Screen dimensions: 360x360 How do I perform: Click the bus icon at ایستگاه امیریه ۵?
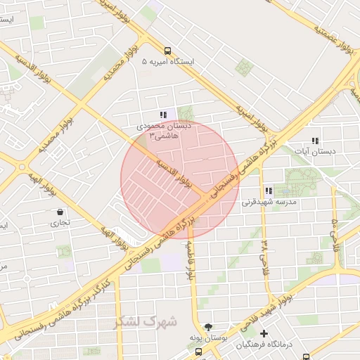[x=167, y=51]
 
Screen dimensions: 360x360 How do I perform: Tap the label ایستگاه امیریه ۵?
[x=168, y=62]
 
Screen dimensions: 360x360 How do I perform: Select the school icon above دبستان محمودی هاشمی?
[x=163, y=115]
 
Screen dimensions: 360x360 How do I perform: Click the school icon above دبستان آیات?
[x=314, y=140]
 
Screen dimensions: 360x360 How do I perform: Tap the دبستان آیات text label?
[x=314, y=151]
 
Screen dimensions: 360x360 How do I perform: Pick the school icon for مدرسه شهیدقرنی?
[x=269, y=191]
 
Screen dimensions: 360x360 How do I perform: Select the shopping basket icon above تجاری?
[x=60, y=212]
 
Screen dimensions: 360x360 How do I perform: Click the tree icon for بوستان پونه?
[x=208, y=328]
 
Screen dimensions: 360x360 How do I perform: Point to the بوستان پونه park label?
[x=208, y=339]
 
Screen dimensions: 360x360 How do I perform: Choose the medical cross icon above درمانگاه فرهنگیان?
[x=264, y=333]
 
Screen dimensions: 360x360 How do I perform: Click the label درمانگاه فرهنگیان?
[x=264, y=345]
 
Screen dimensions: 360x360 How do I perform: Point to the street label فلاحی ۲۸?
[x=265, y=253]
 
